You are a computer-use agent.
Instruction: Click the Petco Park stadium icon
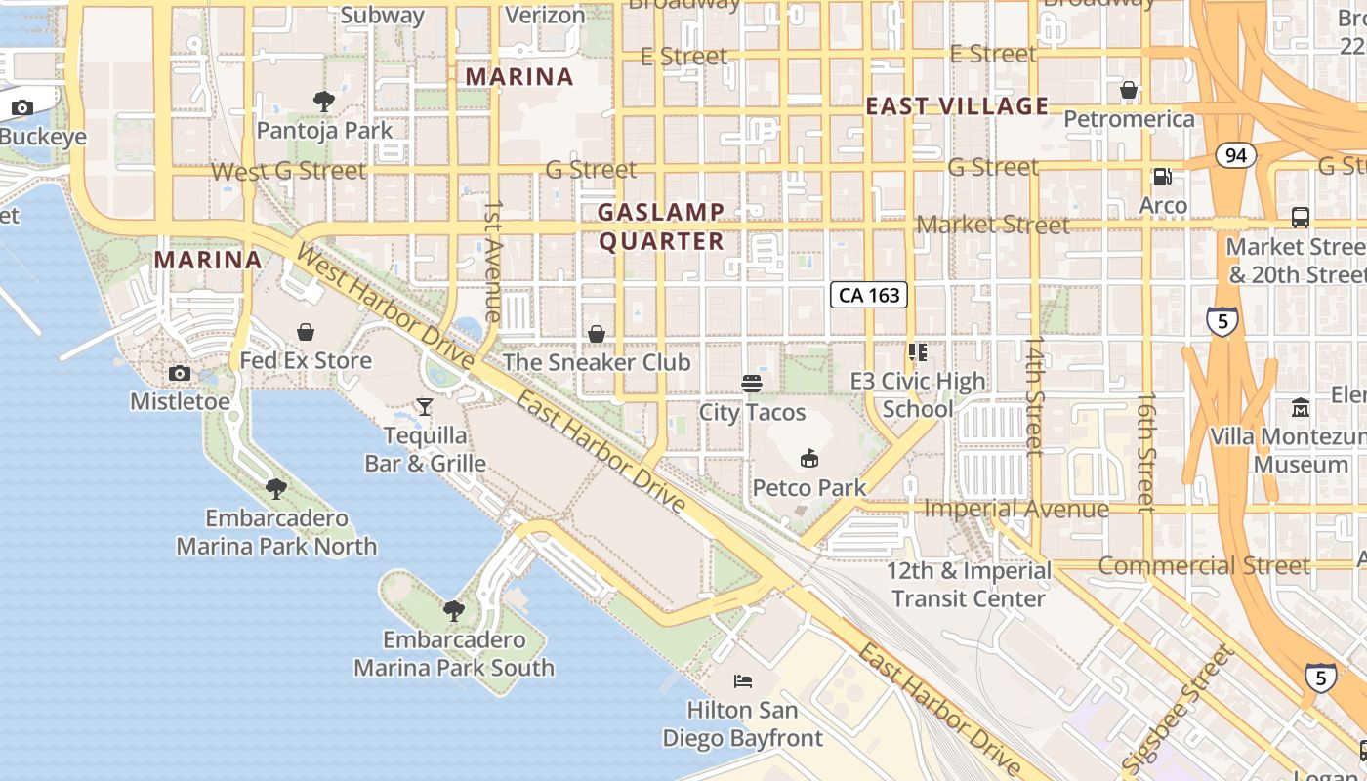(x=808, y=457)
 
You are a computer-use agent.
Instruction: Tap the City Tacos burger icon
(x=752, y=384)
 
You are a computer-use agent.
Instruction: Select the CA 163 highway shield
(x=869, y=295)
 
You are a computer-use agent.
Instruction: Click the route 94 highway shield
(x=1236, y=154)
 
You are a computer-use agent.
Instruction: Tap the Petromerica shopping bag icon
(x=1129, y=91)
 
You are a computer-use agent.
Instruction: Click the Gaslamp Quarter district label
(x=661, y=226)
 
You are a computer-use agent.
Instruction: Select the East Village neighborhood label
(x=957, y=106)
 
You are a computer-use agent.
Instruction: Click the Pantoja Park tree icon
(x=323, y=101)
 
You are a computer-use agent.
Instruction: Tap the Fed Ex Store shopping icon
(x=306, y=332)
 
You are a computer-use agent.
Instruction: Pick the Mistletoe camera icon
(x=180, y=373)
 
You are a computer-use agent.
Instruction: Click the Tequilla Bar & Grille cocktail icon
(x=425, y=406)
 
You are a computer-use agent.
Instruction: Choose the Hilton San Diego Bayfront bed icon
(x=743, y=680)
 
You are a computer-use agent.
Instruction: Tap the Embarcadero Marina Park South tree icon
(x=453, y=611)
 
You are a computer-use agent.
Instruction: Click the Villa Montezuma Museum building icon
(x=1301, y=407)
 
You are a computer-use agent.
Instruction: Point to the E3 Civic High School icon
(x=917, y=351)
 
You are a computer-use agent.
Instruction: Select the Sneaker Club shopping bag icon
(x=597, y=334)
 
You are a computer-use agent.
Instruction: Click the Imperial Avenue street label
(x=1015, y=509)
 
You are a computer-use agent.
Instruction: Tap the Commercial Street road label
(x=1205, y=565)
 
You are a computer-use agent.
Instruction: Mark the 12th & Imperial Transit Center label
(x=969, y=584)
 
